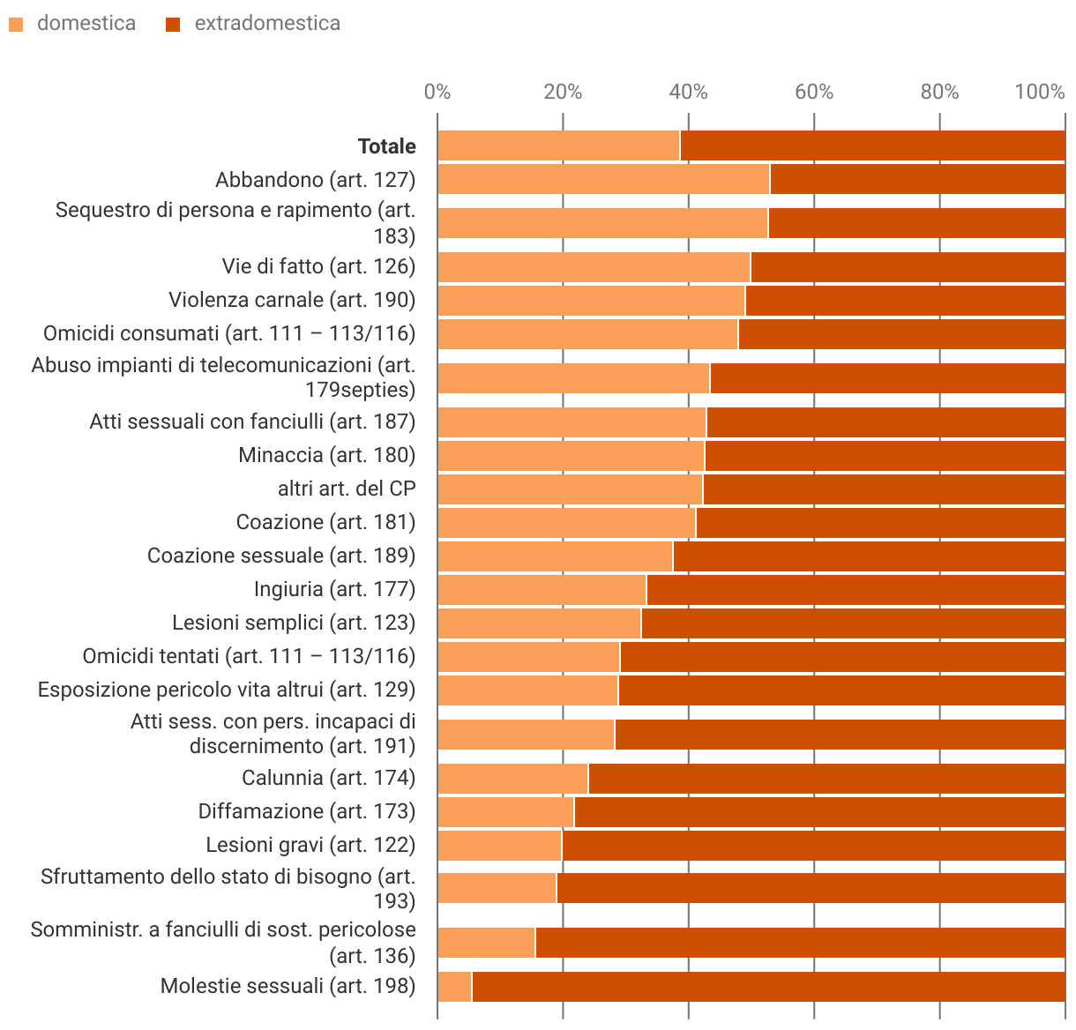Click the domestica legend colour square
point(16,25)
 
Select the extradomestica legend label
point(267,24)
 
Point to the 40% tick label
point(688,92)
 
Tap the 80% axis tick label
point(939,92)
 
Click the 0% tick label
point(437,92)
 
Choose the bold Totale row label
point(386,146)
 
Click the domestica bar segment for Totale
point(558,146)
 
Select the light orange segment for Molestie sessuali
point(455,986)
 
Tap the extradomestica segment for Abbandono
point(917,180)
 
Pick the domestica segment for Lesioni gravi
point(499,845)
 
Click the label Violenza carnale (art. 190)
point(292,300)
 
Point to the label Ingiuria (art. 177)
point(334,589)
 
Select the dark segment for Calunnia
point(826,778)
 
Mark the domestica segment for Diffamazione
point(505,811)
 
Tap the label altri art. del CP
point(347,489)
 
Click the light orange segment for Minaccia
point(571,455)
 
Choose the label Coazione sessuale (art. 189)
point(281,556)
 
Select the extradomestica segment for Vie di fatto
point(908,266)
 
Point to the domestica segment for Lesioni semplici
point(539,623)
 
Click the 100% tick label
point(1039,92)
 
